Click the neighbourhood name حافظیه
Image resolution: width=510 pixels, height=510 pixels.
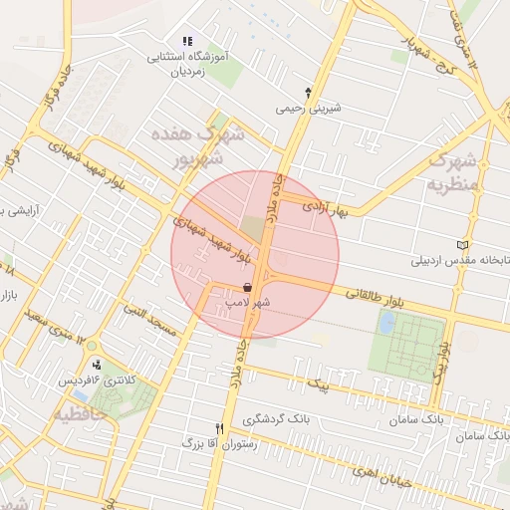[80, 412]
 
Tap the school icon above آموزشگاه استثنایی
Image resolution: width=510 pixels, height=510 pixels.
[186, 42]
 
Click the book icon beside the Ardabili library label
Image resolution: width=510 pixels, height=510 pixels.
[460, 245]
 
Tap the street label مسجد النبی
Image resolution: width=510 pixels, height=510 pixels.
[148, 319]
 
